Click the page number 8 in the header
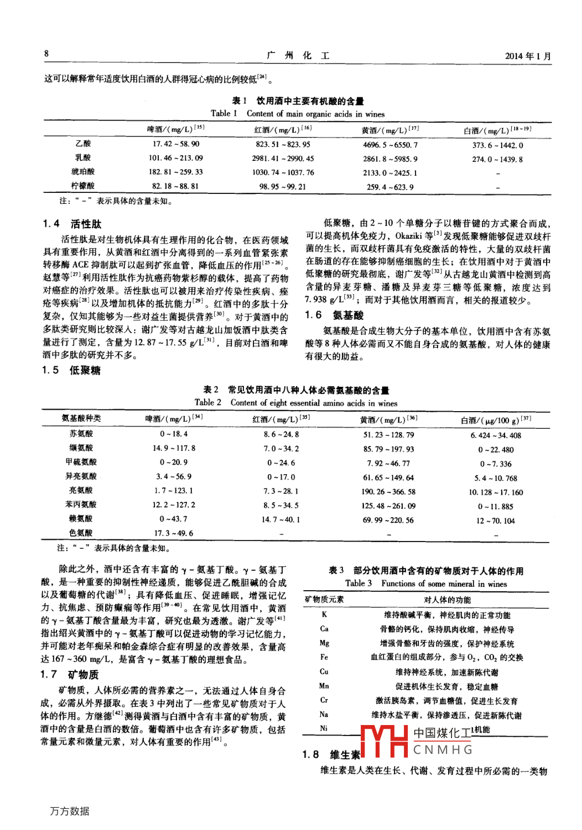[x=46, y=54]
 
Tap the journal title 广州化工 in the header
[x=298, y=55]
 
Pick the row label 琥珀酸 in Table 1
[x=83, y=172]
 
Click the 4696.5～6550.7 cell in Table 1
[x=390, y=145]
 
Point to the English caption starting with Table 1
[x=298, y=114]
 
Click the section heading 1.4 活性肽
[x=72, y=224]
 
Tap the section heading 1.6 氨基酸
[x=334, y=315]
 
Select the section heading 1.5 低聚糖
[x=71, y=370]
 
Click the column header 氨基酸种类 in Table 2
[x=81, y=418]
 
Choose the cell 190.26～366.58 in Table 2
[x=388, y=492]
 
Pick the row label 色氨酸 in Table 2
[x=81, y=533]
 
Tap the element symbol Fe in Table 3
[x=324, y=658]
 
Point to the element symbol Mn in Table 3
[x=324, y=686]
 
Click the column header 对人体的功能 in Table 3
[x=447, y=600]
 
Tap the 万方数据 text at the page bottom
[x=70, y=811]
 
